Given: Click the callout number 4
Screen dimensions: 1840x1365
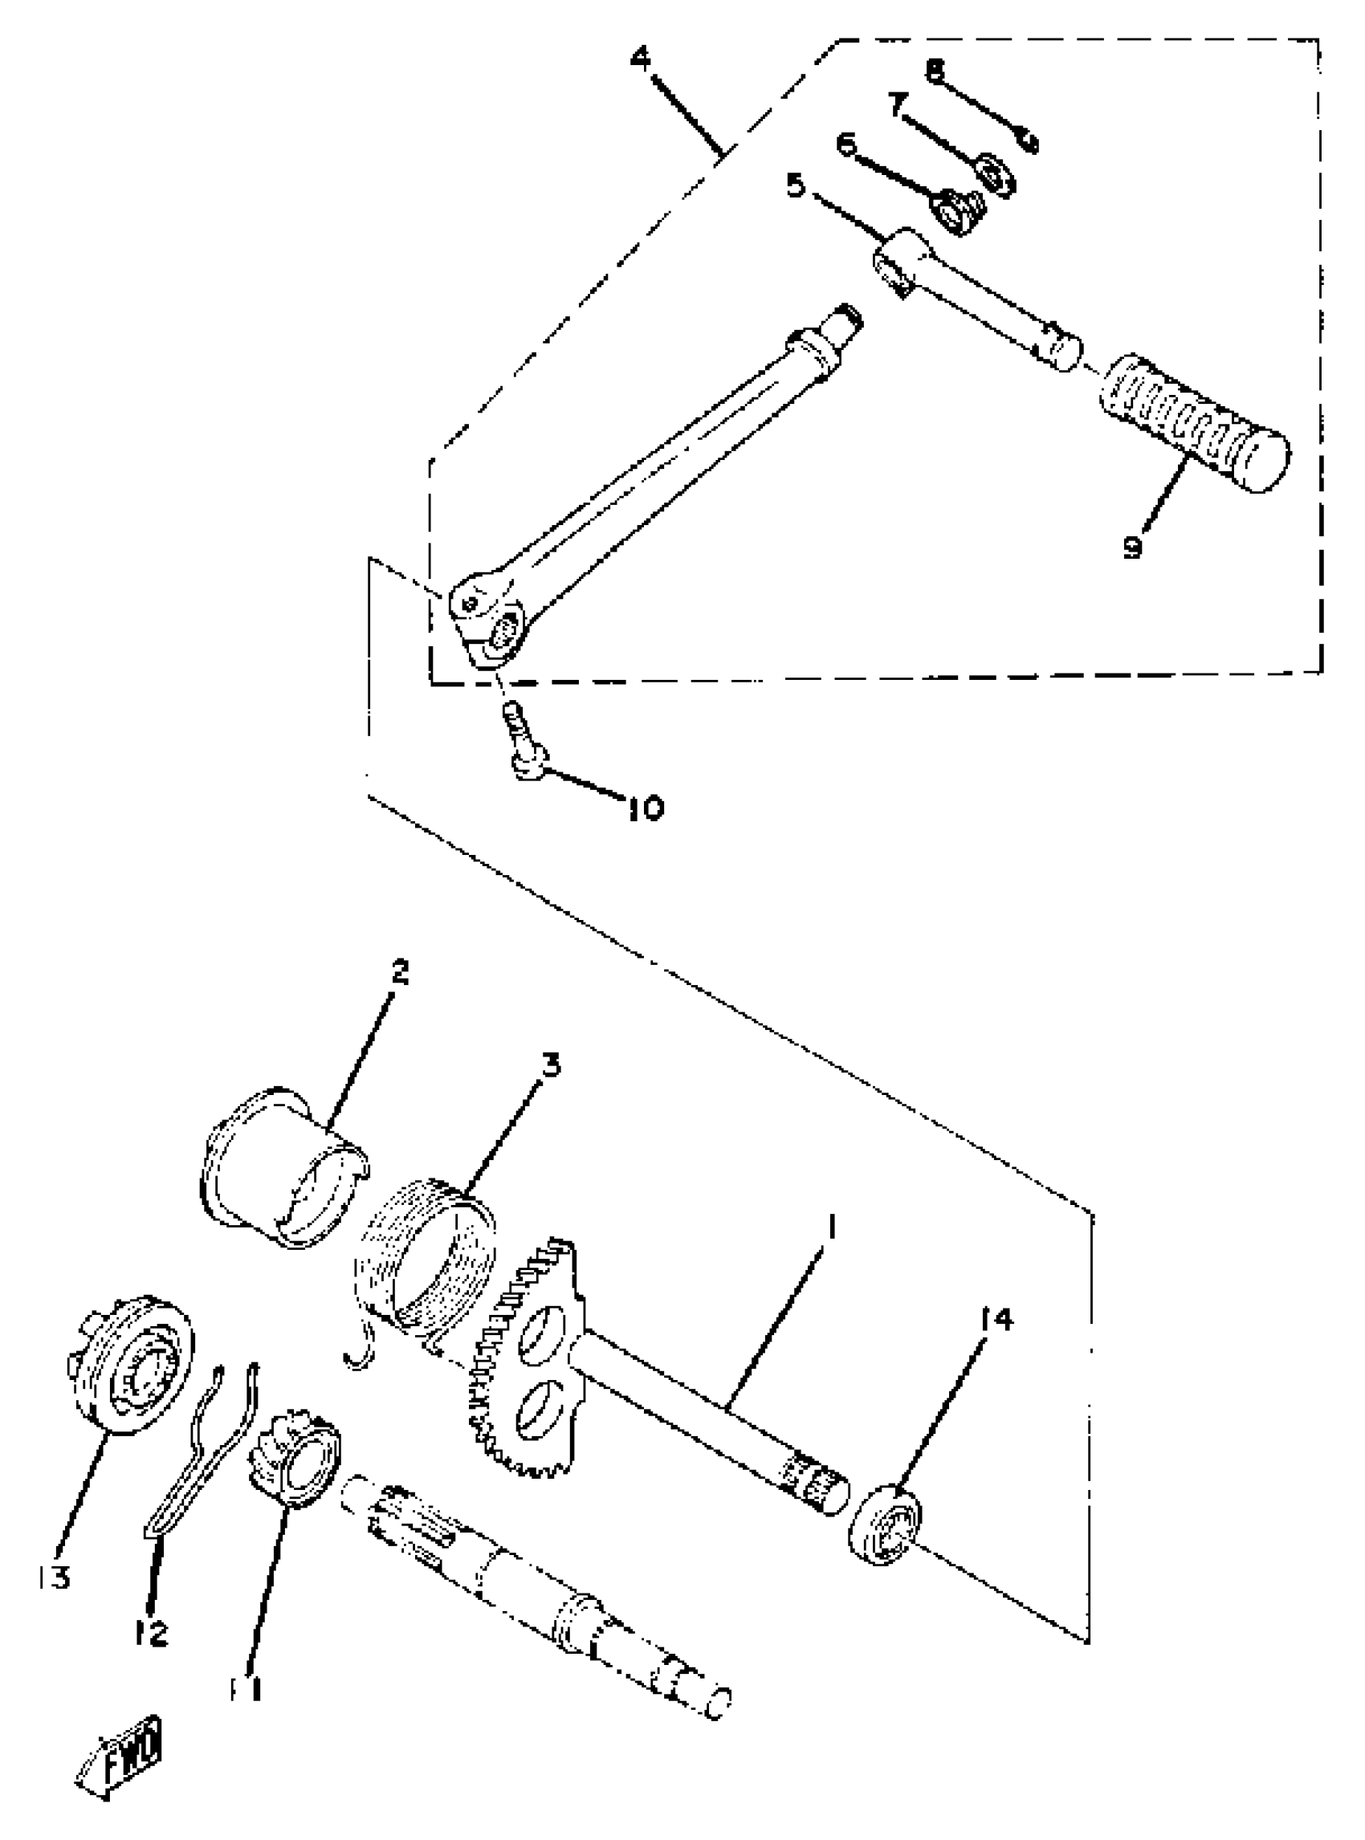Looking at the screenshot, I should pos(641,58).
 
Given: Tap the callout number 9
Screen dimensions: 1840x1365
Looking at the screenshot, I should pos(1133,545).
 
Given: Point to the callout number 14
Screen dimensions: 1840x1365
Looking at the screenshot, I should pos(996,1321).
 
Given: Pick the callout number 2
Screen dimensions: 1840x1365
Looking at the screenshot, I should pos(399,971).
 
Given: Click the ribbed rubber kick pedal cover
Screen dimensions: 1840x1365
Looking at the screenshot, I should pos(1194,421).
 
